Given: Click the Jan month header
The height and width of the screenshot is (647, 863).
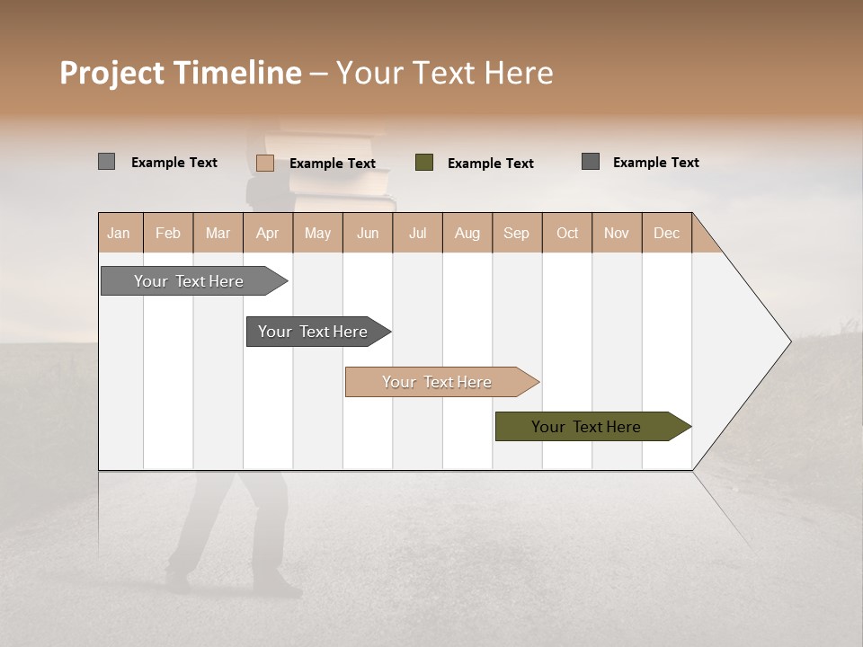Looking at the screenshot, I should (x=120, y=233).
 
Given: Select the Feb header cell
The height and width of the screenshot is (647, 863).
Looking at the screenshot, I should (x=168, y=233).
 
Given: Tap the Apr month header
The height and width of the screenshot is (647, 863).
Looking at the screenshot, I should (x=268, y=233).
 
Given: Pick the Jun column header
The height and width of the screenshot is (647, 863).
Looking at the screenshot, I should (x=368, y=233).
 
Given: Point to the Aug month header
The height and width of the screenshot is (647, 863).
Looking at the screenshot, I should (x=467, y=233).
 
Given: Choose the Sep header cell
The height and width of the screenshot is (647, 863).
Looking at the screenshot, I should (x=517, y=233).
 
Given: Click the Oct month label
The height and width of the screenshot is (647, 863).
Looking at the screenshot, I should (x=567, y=233).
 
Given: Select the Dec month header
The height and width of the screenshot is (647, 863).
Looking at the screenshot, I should (x=667, y=233).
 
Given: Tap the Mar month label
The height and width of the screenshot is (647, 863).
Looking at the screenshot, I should (x=218, y=233).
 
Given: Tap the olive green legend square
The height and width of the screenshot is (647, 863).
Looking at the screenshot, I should (x=424, y=163).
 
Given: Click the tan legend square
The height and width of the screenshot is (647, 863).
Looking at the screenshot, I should (x=265, y=163).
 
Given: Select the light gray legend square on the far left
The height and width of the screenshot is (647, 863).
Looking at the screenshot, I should (x=107, y=162).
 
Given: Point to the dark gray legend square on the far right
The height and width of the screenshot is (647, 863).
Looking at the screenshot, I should (x=591, y=162).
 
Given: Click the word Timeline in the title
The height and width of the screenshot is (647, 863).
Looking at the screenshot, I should (x=237, y=73).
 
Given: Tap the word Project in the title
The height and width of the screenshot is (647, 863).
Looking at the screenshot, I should (x=112, y=73).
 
